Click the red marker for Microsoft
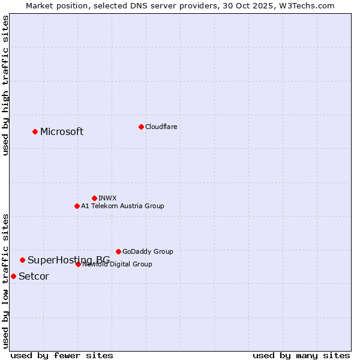[x=35, y=131]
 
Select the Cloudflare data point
[x=141, y=127]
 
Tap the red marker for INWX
[x=94, y=198]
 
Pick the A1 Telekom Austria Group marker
[x=77, y=206]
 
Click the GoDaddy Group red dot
[x=118, y=251]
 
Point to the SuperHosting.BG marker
[x=22, y=260]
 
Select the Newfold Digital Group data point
[x=78, y=264]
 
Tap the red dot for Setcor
[x=13, y=276]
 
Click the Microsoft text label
[x=62, y=132]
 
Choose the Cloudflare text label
[x=161, y=127]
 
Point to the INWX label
[x=107, y=198]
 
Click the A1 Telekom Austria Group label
[x=122, y=206]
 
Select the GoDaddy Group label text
[x=148, y=251]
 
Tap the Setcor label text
[x=34, y=277]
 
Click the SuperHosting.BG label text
[x=68, y=260]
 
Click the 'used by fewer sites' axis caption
[x=62, y=355]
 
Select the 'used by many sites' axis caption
[x=301, y=355]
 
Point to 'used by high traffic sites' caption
[x=5, y=85]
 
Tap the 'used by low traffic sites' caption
[x=5, y=281]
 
